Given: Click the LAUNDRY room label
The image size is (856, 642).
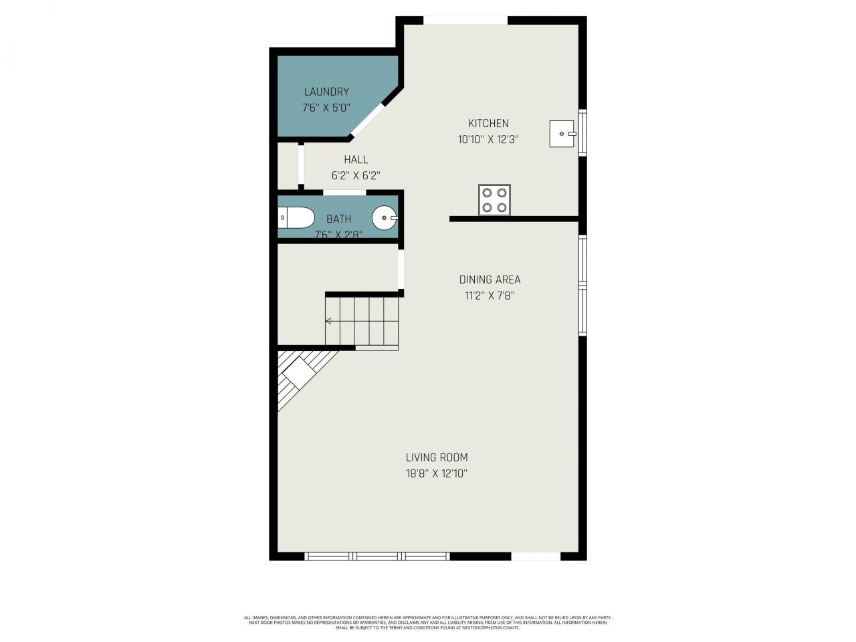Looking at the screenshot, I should (x=326, y=92).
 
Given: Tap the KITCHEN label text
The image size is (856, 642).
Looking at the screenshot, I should (x=488, y=123).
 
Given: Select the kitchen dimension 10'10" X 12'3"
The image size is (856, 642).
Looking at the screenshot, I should (x=488, y=140).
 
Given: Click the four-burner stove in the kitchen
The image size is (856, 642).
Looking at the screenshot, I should (x=494, y=199).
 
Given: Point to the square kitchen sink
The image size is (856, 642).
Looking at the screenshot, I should (x=562, y=133).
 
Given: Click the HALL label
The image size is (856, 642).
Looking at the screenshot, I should (x=356, y=160).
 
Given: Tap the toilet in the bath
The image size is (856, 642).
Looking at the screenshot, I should (x=296, y=217).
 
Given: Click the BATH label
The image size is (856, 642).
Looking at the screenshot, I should (x=338, y=219).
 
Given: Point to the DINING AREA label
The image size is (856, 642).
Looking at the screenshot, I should (x=490, y=280).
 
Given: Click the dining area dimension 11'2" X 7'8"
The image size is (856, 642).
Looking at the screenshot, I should (x=490, y=296).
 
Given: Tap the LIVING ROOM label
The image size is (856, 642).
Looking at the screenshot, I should (x=437, y=457).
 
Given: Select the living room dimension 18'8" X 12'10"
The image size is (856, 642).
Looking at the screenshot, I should (x=437, y=474).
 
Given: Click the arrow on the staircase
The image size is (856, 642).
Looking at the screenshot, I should (x=329, y=322).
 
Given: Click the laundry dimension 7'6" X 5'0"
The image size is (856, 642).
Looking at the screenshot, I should (x=326, y=108).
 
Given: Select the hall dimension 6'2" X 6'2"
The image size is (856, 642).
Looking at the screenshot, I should (x=356, y=176).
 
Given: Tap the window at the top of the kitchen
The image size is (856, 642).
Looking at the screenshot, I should (x=465, y=20).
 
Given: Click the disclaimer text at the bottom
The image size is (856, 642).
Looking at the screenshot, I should (x=428, y=623).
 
